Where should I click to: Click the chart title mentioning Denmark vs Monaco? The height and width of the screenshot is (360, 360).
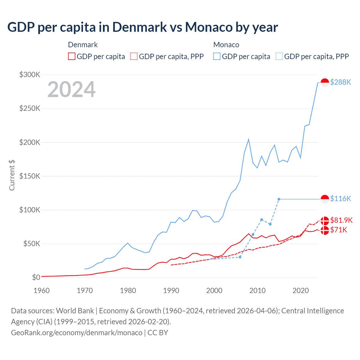coord(143,27)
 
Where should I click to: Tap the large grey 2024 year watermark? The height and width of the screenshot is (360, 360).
coord(71,89)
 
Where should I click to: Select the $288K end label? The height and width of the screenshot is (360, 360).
coord(341,82)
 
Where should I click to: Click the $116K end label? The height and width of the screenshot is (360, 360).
coord(341,199)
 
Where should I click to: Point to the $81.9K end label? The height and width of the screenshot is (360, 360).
coord(341,220)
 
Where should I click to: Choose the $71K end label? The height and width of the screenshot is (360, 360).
coord(339,230)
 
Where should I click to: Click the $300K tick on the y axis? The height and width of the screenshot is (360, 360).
coord(30,75)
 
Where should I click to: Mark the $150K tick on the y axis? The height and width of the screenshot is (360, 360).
coord(30,176)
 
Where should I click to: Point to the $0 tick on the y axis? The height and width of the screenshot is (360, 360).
coord(36,277)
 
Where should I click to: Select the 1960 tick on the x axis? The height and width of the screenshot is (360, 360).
coord(42,291)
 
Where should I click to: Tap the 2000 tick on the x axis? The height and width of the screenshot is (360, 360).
coord(214,291)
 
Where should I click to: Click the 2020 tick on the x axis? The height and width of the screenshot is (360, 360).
coord(301,291)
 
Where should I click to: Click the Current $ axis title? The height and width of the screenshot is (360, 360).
coord(12,175)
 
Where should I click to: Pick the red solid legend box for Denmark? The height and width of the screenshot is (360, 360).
coord(72,57)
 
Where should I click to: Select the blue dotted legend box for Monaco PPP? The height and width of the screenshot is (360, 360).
coord(279,57)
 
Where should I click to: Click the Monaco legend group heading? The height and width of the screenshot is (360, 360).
coord(226,45)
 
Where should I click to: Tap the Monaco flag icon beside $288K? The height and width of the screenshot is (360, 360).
coord(325,83)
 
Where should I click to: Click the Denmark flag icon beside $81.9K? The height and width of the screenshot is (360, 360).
coord(325,220)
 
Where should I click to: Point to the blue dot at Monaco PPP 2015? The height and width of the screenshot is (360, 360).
coord(279,199)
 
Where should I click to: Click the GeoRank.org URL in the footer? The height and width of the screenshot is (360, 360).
coord(76,333)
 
